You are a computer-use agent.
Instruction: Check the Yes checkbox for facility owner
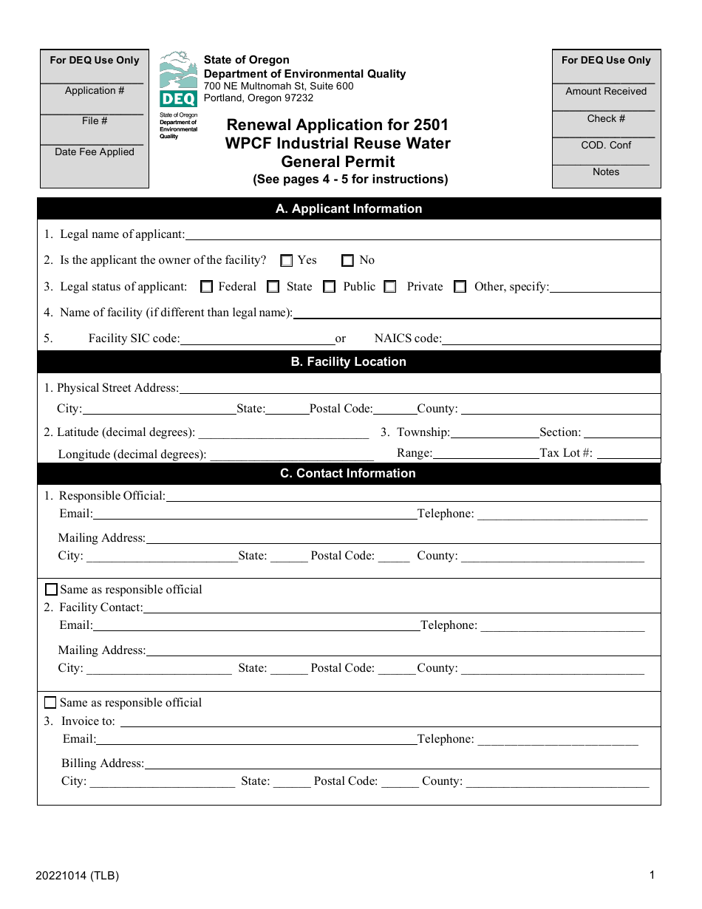click(x=287, y=261)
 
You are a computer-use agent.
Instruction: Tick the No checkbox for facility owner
click(x=347, y=261)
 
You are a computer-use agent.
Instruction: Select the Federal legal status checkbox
click(x=207, y=287)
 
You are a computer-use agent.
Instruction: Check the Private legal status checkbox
click(x=390, y=287)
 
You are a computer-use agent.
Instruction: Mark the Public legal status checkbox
click(x=330, y=287)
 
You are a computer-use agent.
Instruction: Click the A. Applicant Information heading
click(x=349, y=209)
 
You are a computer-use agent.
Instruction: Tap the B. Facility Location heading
click(x=349, y=362)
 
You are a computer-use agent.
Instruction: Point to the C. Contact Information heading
click(x=348, y=474)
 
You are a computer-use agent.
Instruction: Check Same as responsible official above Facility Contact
click(x=51, y=590)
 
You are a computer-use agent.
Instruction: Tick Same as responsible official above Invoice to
click(x=50, y=703)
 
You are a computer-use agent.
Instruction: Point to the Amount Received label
click(x=606, y=92)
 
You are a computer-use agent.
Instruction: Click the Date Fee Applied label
click(x=95, y=152)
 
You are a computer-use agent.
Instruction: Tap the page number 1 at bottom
click(x=652, y=876)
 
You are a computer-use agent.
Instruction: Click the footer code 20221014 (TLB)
click(x=77, y=876)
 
